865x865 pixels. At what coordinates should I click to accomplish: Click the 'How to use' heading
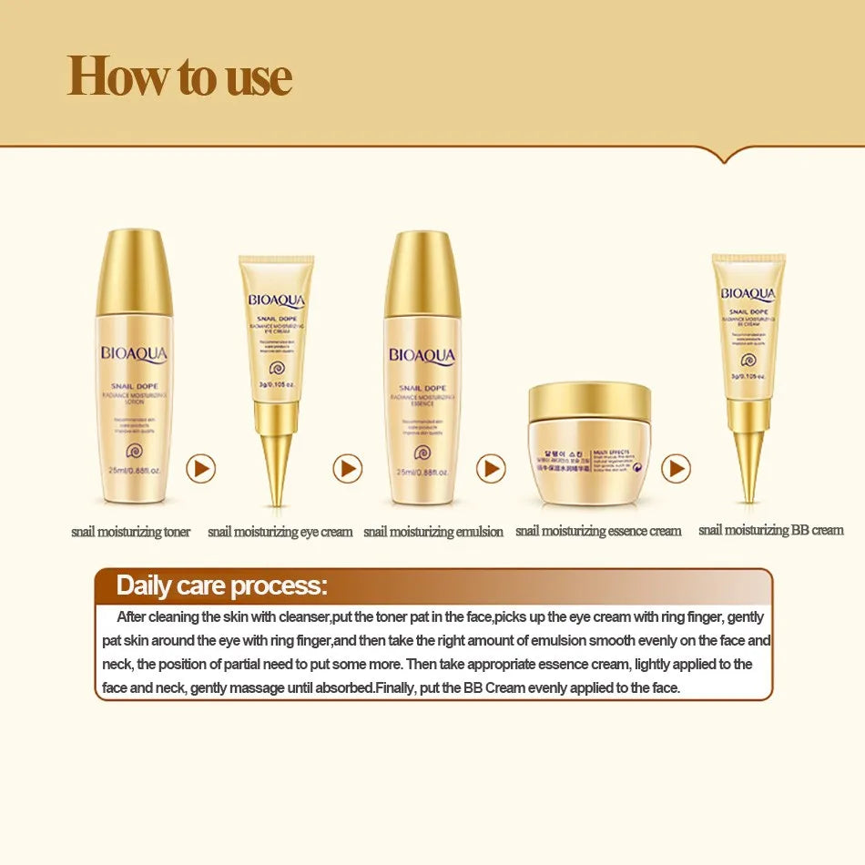[x=179, y=76]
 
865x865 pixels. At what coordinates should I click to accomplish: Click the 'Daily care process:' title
[x=221, y=585]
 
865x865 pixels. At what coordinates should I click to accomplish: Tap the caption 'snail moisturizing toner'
[x=131, y=532]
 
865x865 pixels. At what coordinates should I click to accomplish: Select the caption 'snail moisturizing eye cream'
[x=280, y=532]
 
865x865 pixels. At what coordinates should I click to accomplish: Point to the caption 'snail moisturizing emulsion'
[x=433, y=532]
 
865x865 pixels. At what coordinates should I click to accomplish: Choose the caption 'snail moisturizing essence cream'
[x=598, y=531]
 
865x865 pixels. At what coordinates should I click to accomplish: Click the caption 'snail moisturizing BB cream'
[x=770, y=530]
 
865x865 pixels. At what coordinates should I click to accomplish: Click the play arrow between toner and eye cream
[x=200, y=469]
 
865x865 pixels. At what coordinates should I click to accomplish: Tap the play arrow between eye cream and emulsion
[x=347, y=469]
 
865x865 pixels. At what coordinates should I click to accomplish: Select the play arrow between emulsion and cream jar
[x=491, y=469]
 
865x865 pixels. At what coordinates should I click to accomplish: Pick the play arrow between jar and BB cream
[x=676, y=469]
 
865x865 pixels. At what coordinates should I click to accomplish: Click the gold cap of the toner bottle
[x=135, y=273]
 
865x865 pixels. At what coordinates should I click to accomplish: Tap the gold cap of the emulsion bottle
[x=422, y=273]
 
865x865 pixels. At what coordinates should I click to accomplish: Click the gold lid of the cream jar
[x=590, y=402]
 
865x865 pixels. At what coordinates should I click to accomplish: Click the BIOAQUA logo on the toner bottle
[x=135, y=354]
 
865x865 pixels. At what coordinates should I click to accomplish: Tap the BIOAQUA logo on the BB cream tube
[x=748, y=293]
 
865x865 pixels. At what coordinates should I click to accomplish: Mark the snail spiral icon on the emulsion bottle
[x=421, y=452]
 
